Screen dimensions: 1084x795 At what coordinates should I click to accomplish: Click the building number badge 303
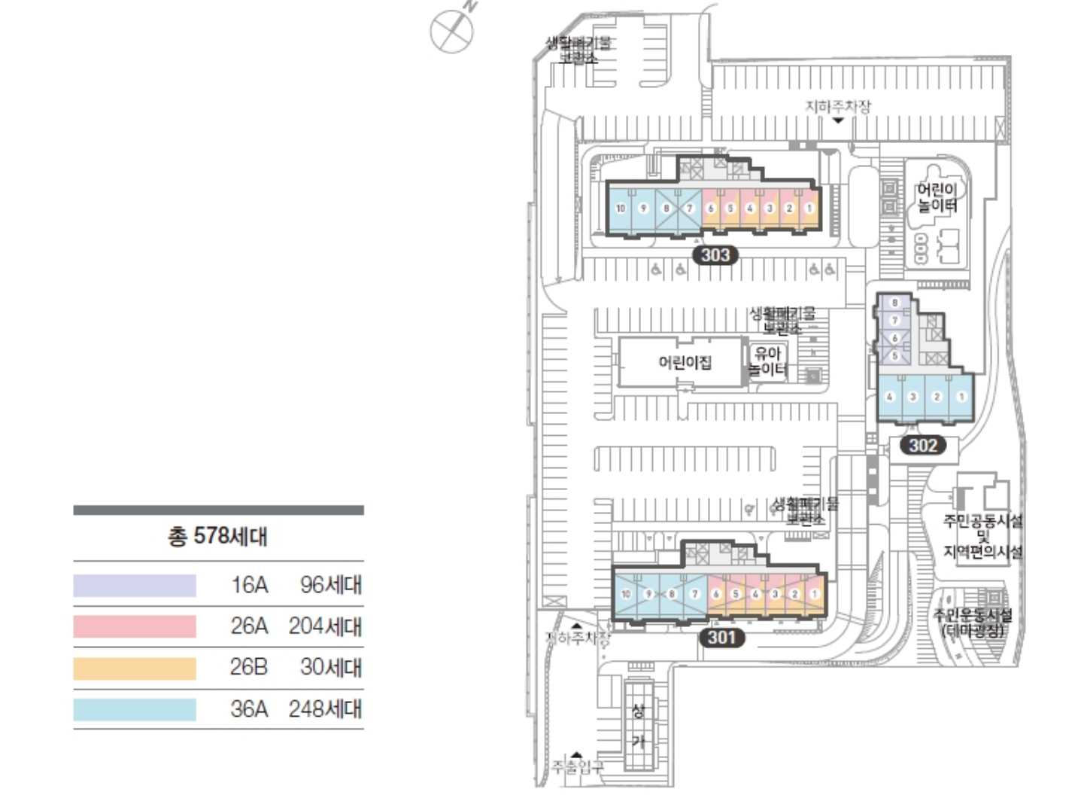[x=715, y=255]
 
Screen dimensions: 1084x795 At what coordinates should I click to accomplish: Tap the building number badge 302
[x=922, y=445]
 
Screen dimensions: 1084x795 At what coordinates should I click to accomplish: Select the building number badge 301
[x=721, y=637]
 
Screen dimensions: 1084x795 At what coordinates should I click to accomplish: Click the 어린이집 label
[x=685, y=363]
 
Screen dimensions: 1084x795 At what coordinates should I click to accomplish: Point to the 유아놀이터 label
[x=768, y=361]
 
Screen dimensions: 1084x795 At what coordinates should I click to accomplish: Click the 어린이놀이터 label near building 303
[x=937, y=197]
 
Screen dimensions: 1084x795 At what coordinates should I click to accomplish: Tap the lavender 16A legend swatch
[x=135, y=585]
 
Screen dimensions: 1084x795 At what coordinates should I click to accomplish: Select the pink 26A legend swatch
[x=135, y=626]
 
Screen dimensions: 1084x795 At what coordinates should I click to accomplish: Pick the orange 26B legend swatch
[x=135, y=668]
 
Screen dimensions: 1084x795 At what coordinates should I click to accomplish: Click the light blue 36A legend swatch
[x=135, y=709]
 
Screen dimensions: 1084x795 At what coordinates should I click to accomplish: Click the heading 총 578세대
[x=217, y=536]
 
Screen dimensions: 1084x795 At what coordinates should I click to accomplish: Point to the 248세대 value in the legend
[x=325, y=709]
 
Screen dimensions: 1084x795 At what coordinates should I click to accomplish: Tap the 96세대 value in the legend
[x=330, y=585]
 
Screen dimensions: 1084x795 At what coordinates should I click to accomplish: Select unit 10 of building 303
[x=621, y=209]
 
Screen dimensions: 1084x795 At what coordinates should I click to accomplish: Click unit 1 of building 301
[x=814, y=594]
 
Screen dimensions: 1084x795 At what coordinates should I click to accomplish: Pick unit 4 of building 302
[x=889, y=397]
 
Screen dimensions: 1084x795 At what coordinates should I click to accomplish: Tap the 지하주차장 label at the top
[x=838, y=106]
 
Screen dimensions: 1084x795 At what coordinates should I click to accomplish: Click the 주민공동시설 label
[x=982, y=521]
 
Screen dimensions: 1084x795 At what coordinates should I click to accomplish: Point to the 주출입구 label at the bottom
[x=577, y=766]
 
